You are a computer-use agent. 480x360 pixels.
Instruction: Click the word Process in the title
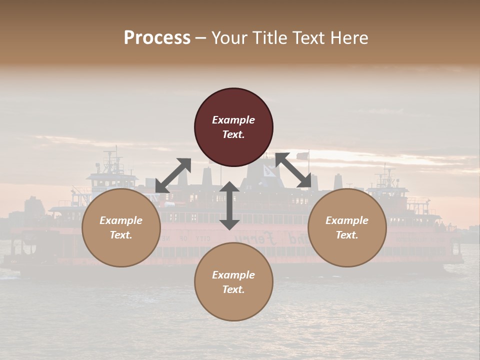[x=157, y=38]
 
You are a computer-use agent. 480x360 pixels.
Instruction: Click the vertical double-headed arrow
[x=229, y=205]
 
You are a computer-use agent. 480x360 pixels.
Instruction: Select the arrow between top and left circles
[x=173, y=175]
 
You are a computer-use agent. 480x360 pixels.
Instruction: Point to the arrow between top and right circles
[x=293, y=170]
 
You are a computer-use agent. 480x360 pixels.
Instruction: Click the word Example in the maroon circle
[x=233, y=120]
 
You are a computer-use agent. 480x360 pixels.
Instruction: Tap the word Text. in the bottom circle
[x=233, y=289]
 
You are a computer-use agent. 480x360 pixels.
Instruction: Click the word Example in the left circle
[x=121, y=220]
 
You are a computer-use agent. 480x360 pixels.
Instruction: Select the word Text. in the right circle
[x=347, y=235]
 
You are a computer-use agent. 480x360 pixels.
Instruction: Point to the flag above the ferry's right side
[x=302, y=156]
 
